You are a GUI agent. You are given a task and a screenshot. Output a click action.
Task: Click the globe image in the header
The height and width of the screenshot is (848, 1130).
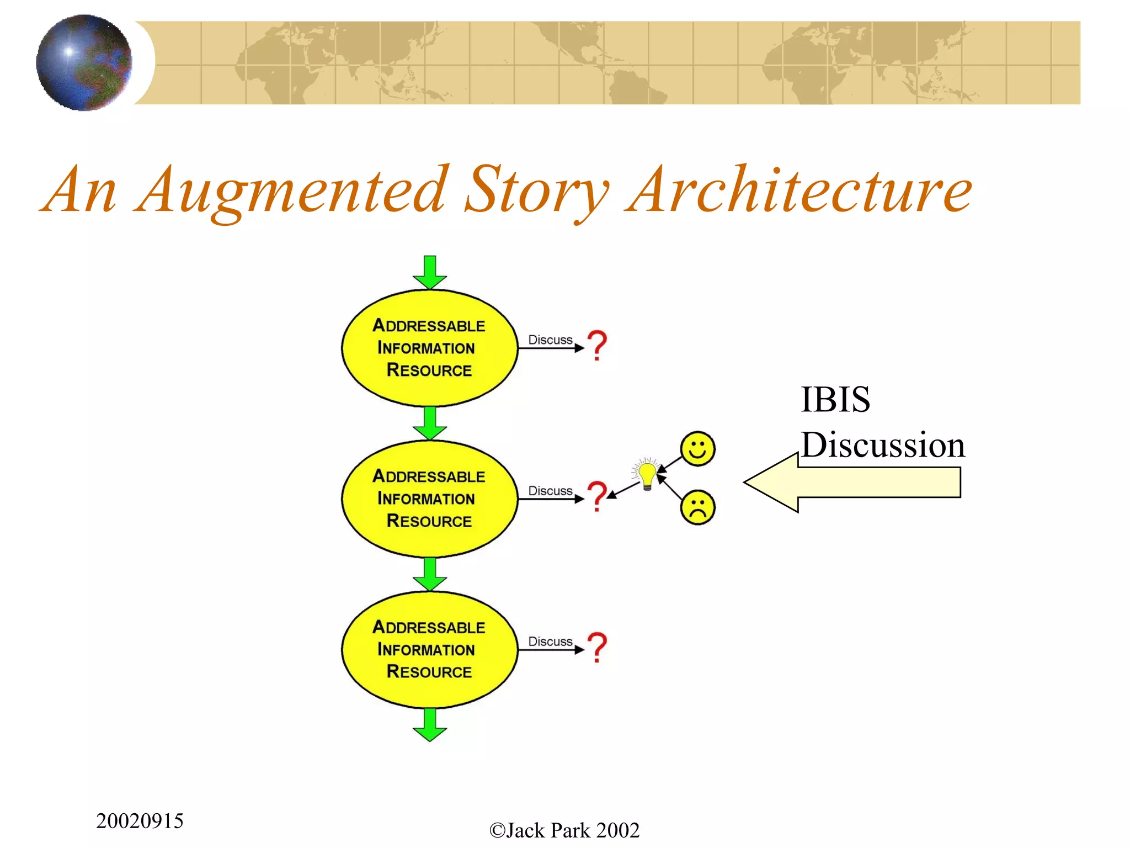(84, 62)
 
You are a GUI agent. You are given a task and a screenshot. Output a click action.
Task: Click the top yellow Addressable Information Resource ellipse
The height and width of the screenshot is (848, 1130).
(429, 348)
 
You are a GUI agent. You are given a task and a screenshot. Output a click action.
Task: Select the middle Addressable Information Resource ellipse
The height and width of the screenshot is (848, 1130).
(429, 499)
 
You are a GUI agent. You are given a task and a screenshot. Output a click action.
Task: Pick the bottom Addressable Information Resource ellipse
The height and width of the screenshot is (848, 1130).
(429, 649)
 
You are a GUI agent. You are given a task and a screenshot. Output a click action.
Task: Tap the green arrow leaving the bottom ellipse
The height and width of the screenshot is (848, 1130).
(430, 725)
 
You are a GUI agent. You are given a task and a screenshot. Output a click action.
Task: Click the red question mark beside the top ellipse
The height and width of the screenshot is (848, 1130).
(597, 345)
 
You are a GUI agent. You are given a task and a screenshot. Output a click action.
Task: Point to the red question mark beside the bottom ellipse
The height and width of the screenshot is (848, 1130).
(597, 647)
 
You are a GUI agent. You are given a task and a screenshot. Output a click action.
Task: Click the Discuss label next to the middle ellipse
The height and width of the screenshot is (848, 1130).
(550, 491)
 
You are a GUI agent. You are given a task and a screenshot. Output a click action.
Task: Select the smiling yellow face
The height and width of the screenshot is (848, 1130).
(697, 448)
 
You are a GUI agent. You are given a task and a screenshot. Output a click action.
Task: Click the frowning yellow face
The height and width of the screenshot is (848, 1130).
(697, 507)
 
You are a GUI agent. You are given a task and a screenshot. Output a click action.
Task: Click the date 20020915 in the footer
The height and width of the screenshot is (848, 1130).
(140, 821)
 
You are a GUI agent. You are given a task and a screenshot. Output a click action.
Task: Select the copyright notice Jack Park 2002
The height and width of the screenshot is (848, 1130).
(564, 830)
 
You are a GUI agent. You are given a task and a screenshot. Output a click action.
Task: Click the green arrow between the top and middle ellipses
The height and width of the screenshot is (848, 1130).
(430, 423)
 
